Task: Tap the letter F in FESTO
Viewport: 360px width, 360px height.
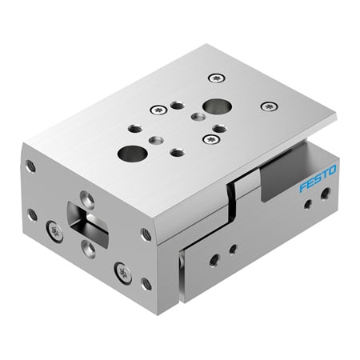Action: (x=302, y=187)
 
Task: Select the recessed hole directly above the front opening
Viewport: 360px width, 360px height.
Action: (x=89, y=196)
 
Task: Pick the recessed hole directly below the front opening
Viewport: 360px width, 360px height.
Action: (x=90, y=250)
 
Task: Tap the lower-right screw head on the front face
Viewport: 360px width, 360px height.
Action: (x=123, y=272)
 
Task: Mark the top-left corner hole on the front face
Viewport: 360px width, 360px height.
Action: (x=31, y=166)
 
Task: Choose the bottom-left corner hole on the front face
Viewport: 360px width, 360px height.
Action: (x=33, y=214)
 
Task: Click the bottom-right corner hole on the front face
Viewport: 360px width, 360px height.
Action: (x=146, y=283)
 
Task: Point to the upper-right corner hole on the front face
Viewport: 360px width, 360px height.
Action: (x=146, y=234)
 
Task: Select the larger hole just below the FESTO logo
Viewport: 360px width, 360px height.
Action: (x=325, y=193)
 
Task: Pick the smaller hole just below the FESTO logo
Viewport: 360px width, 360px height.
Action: (x=308, y=203)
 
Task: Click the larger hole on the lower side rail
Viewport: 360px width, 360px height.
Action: (x=214, y=259)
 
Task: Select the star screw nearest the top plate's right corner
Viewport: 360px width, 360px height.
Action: (x=268, y=106)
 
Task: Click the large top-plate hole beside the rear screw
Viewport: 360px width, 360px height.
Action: (x=214, y=106)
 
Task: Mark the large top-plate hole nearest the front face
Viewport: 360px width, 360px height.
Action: (x=128, y=152)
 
